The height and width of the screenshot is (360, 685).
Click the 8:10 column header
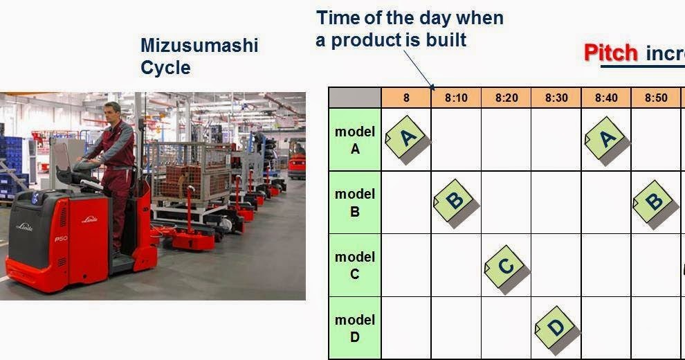point(456,98)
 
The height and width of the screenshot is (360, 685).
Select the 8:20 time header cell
point(506,98)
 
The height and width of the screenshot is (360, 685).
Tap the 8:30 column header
point(556,98)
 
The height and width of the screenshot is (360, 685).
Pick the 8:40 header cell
point(606,98)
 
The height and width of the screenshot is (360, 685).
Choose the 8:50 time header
point(656,98)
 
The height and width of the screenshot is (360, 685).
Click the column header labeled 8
point(406,98)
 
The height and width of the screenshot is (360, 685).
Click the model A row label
point(354,140)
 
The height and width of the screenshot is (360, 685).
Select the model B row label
point(354,202)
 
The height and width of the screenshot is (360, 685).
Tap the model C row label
point(354,265)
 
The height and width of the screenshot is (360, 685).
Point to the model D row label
point(354,328)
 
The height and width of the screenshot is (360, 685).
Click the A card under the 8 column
point(407,138)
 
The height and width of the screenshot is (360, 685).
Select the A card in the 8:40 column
point(606,139)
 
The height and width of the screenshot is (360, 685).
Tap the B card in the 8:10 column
point(455,201)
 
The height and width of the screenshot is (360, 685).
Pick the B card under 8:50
point(654,201)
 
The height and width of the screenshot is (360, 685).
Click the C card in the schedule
point(506,266)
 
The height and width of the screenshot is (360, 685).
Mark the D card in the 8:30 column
point(556,327)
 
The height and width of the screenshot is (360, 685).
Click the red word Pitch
point(611,53)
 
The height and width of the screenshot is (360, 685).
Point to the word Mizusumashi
point(199,46)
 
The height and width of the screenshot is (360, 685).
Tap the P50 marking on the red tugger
point(61,239)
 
